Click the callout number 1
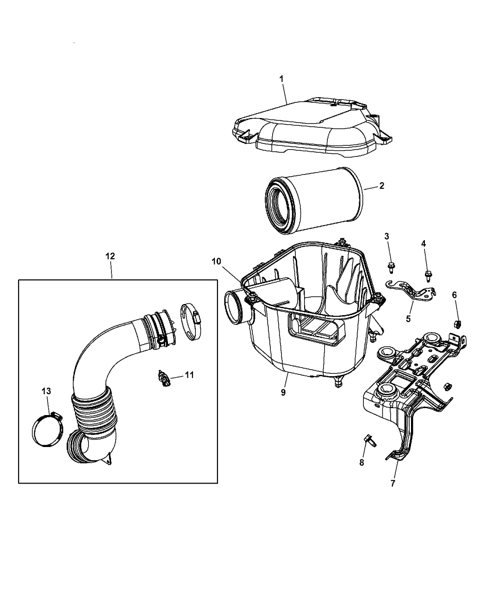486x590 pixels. [281, 79]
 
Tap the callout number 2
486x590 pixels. [381, 186]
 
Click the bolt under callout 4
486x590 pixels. [427, 276]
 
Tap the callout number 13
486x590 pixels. [46, 391]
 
